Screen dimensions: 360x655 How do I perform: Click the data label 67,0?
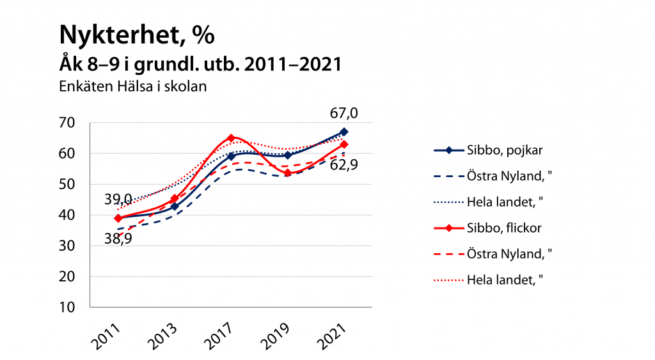pyautogui.click(x=343, y=113)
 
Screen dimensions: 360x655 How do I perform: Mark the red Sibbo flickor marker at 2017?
pyautogui.click(x=231, y=138)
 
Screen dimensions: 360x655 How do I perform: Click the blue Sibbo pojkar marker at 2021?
pyautogui.click(x=343, y=132)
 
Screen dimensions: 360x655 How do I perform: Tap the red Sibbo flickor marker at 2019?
pyautogui.click(x=288, y=173)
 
